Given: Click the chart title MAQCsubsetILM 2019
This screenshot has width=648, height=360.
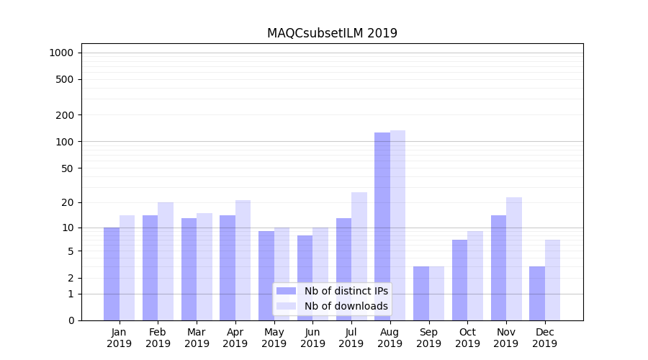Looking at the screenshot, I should [332, 33].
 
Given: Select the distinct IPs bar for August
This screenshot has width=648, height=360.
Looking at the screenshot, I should [382, 226].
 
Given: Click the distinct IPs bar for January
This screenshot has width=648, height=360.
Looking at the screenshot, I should [112, 274].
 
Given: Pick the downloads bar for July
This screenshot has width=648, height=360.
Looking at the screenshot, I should [359, 256].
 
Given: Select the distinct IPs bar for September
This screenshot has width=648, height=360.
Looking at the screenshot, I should [420, 293].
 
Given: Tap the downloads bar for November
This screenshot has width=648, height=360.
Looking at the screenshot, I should [513, 258].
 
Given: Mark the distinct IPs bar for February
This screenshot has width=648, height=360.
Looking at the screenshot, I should [150, 267].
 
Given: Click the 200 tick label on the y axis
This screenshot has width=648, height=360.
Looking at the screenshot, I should [65, 115].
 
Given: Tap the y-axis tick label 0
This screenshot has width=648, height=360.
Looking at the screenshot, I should [71, 320].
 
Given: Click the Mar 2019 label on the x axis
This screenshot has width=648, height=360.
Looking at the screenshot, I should [197, 338].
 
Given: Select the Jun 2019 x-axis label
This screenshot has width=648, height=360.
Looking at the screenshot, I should [312, 338].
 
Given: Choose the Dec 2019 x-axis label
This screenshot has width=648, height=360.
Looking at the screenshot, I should [544, 338].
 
